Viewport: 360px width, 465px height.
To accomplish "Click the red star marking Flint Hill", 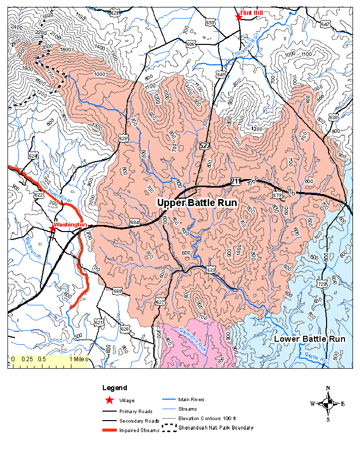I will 239,17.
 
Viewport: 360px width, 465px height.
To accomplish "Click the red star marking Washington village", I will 53,229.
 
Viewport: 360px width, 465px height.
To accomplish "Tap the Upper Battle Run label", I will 197,203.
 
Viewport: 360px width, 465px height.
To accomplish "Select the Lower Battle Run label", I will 310,339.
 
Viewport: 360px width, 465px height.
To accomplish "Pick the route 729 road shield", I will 322,283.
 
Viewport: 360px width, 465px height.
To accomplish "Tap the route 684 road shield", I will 134,222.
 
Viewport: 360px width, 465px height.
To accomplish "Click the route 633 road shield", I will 211,270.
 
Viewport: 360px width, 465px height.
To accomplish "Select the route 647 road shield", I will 326,23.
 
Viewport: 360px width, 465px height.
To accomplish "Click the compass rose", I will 328,403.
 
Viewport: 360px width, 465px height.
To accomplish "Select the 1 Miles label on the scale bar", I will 78,359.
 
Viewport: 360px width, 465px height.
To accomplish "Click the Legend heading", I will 114,388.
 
